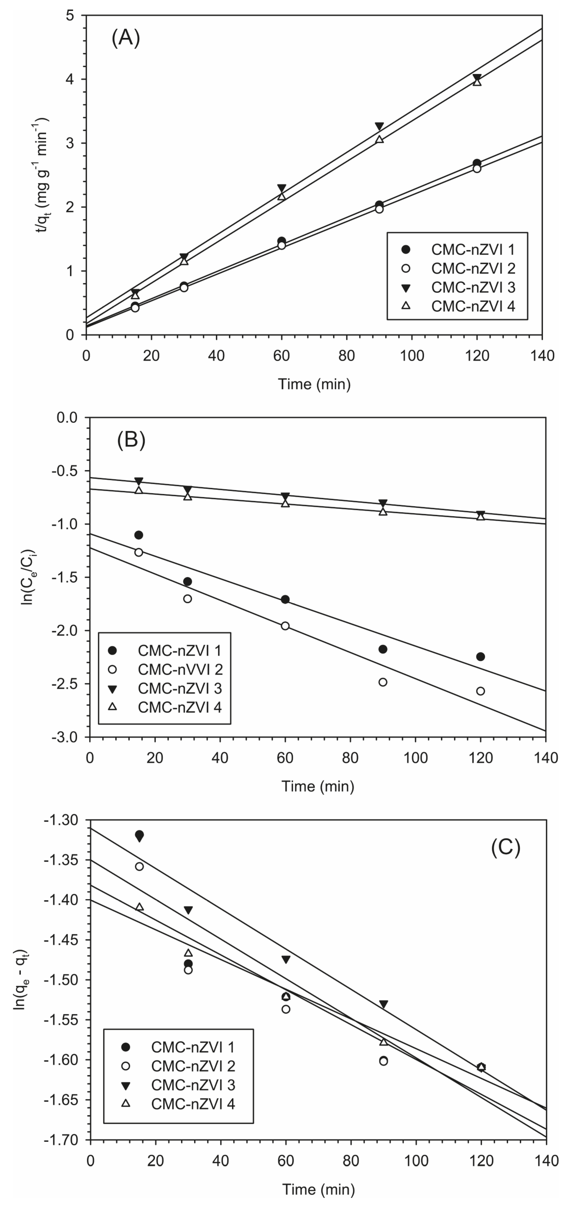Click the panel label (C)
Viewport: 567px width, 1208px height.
click(x=505, y=847)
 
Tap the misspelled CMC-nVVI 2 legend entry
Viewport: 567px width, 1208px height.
click(x=180, y=669)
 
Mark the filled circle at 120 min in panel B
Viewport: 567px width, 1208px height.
click(x=480, y=656)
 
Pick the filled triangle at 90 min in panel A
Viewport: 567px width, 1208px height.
click(x=379, y=127)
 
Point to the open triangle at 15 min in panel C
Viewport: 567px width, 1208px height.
click(x=139, y=907)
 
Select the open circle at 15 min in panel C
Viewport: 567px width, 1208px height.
click(x=139, y=867)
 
